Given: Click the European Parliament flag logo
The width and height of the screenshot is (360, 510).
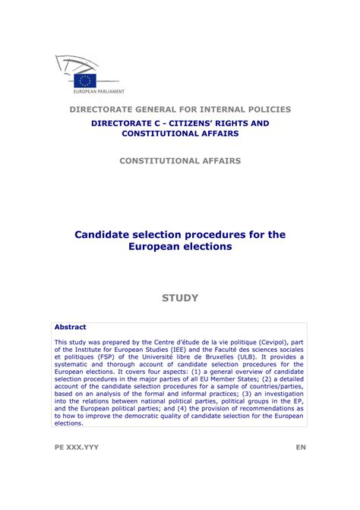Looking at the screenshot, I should click(x=84, y=79).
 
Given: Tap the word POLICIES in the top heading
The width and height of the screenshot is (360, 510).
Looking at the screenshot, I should click(x=268, y=109).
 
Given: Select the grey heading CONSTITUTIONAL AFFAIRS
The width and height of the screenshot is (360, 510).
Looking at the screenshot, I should click(x=180, y=160).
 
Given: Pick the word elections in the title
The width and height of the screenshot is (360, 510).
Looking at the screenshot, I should click(x=206, y=247).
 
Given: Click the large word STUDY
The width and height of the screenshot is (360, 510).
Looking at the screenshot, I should click(x=180, y=298).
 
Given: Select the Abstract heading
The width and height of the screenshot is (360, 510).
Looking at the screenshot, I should click(x=70, y=327).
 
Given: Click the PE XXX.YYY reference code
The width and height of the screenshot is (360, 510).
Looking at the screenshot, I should click(x=76, y=448).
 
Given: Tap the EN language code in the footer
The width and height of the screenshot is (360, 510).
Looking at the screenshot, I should click(x=301, y=448).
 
